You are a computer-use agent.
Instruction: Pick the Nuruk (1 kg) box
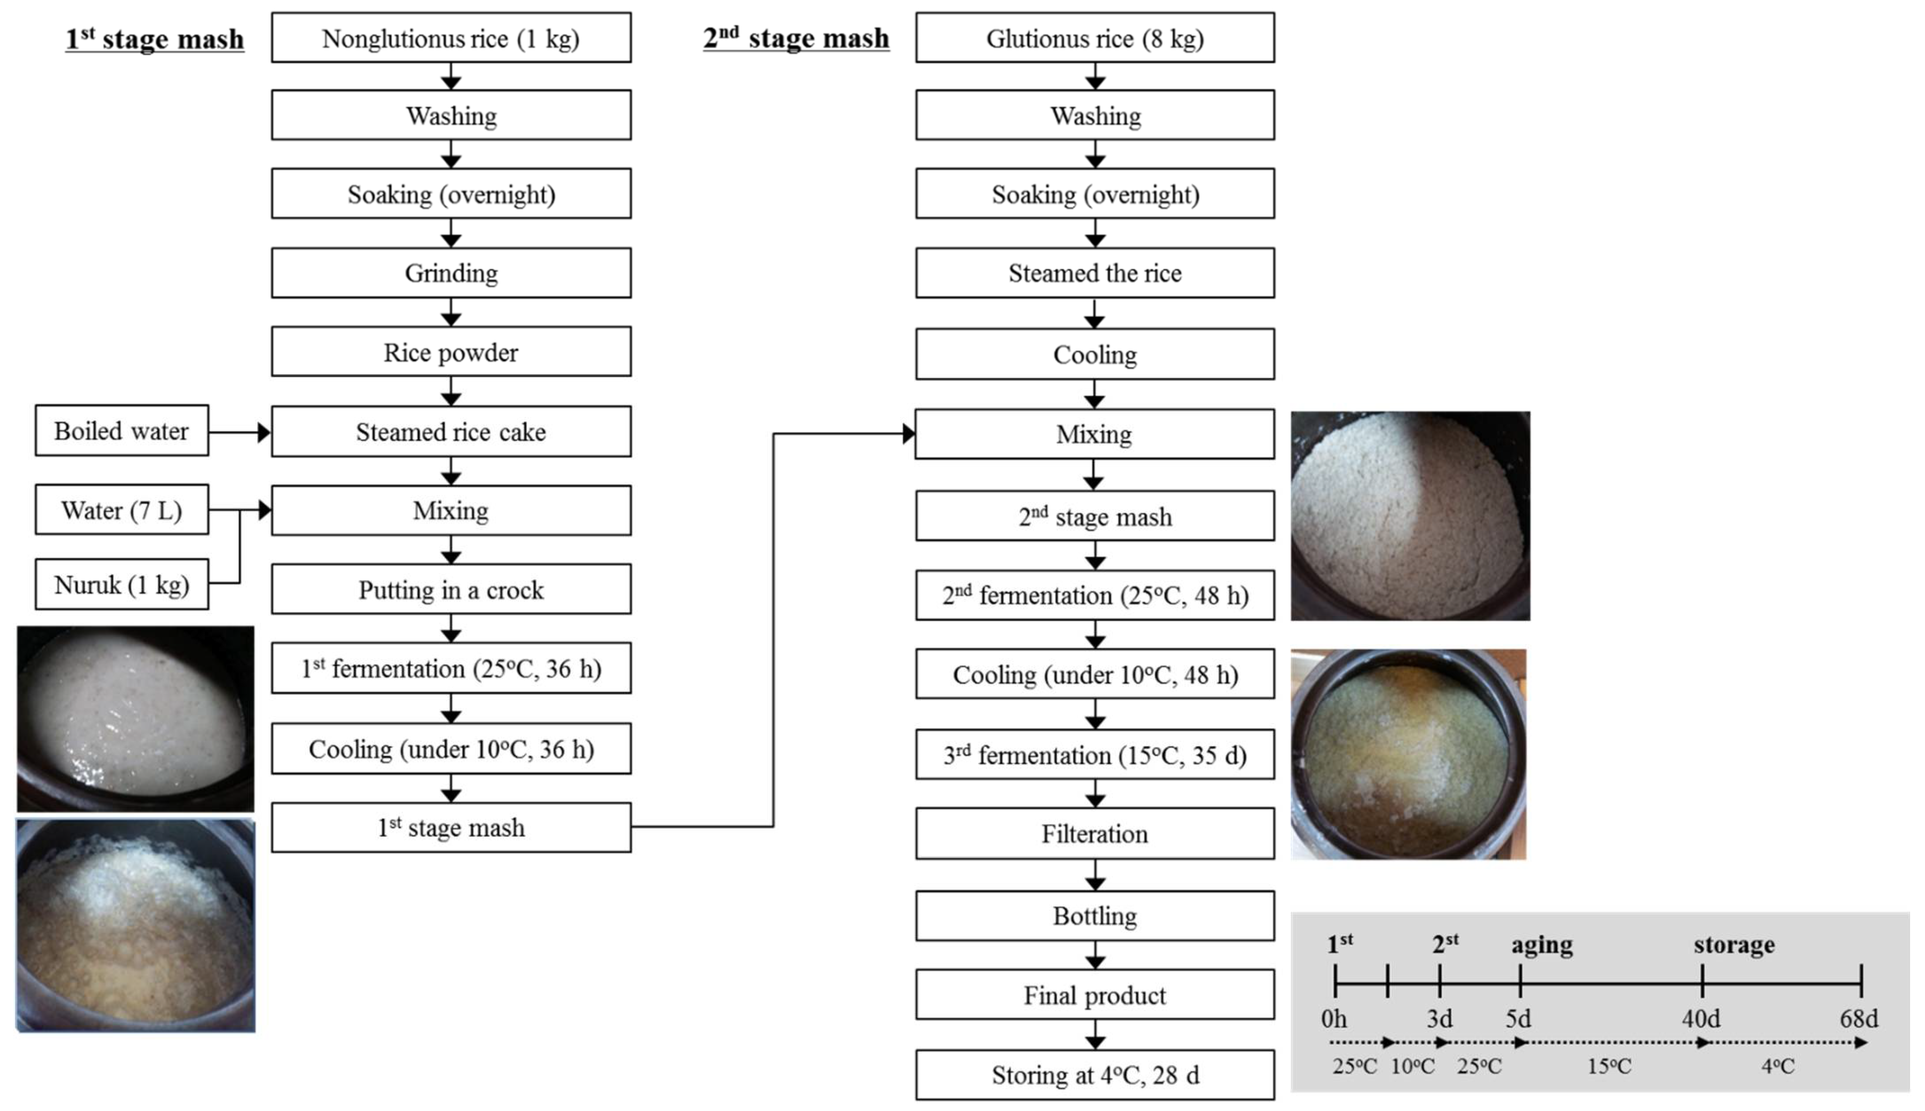tap(121, 585)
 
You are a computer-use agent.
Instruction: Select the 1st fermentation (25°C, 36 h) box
tap(451, 668)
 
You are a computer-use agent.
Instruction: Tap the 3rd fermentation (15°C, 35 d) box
tap(1095, 755)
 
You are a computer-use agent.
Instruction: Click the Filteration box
tap(1095, 833)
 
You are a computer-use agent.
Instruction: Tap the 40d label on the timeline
tap(1701, 1019)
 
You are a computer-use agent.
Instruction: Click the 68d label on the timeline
tap(1858, 1019)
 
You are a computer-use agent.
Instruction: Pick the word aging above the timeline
tap(1542, 945)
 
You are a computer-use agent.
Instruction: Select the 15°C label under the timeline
tap(1609, 1066)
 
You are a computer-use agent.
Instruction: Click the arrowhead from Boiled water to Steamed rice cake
tap(263, 433)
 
